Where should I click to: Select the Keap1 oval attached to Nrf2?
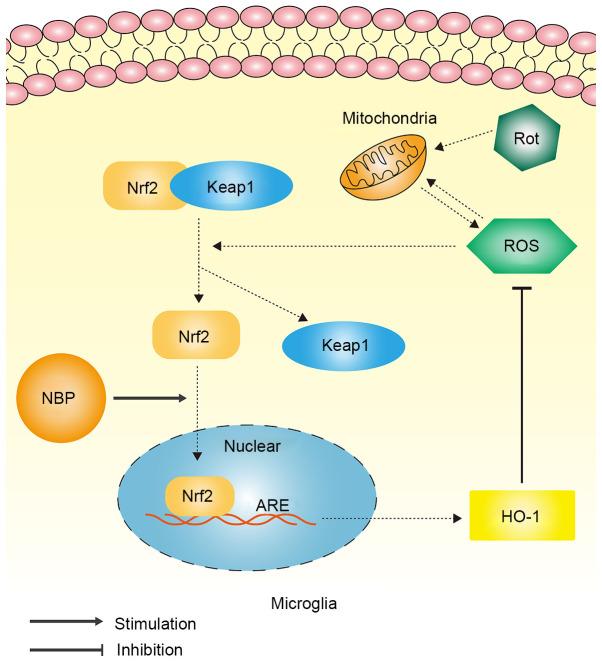point(231,186)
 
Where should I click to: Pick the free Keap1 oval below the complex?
point(346,345)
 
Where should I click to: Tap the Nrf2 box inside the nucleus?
point(198,497)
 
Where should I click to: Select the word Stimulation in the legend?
point(156,623)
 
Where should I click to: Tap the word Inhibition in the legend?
point(150,648)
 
